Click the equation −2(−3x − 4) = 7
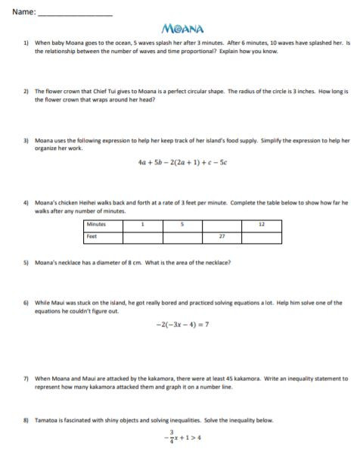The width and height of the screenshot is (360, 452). pos(182,325)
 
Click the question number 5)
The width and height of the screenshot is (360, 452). pos(26,263)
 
